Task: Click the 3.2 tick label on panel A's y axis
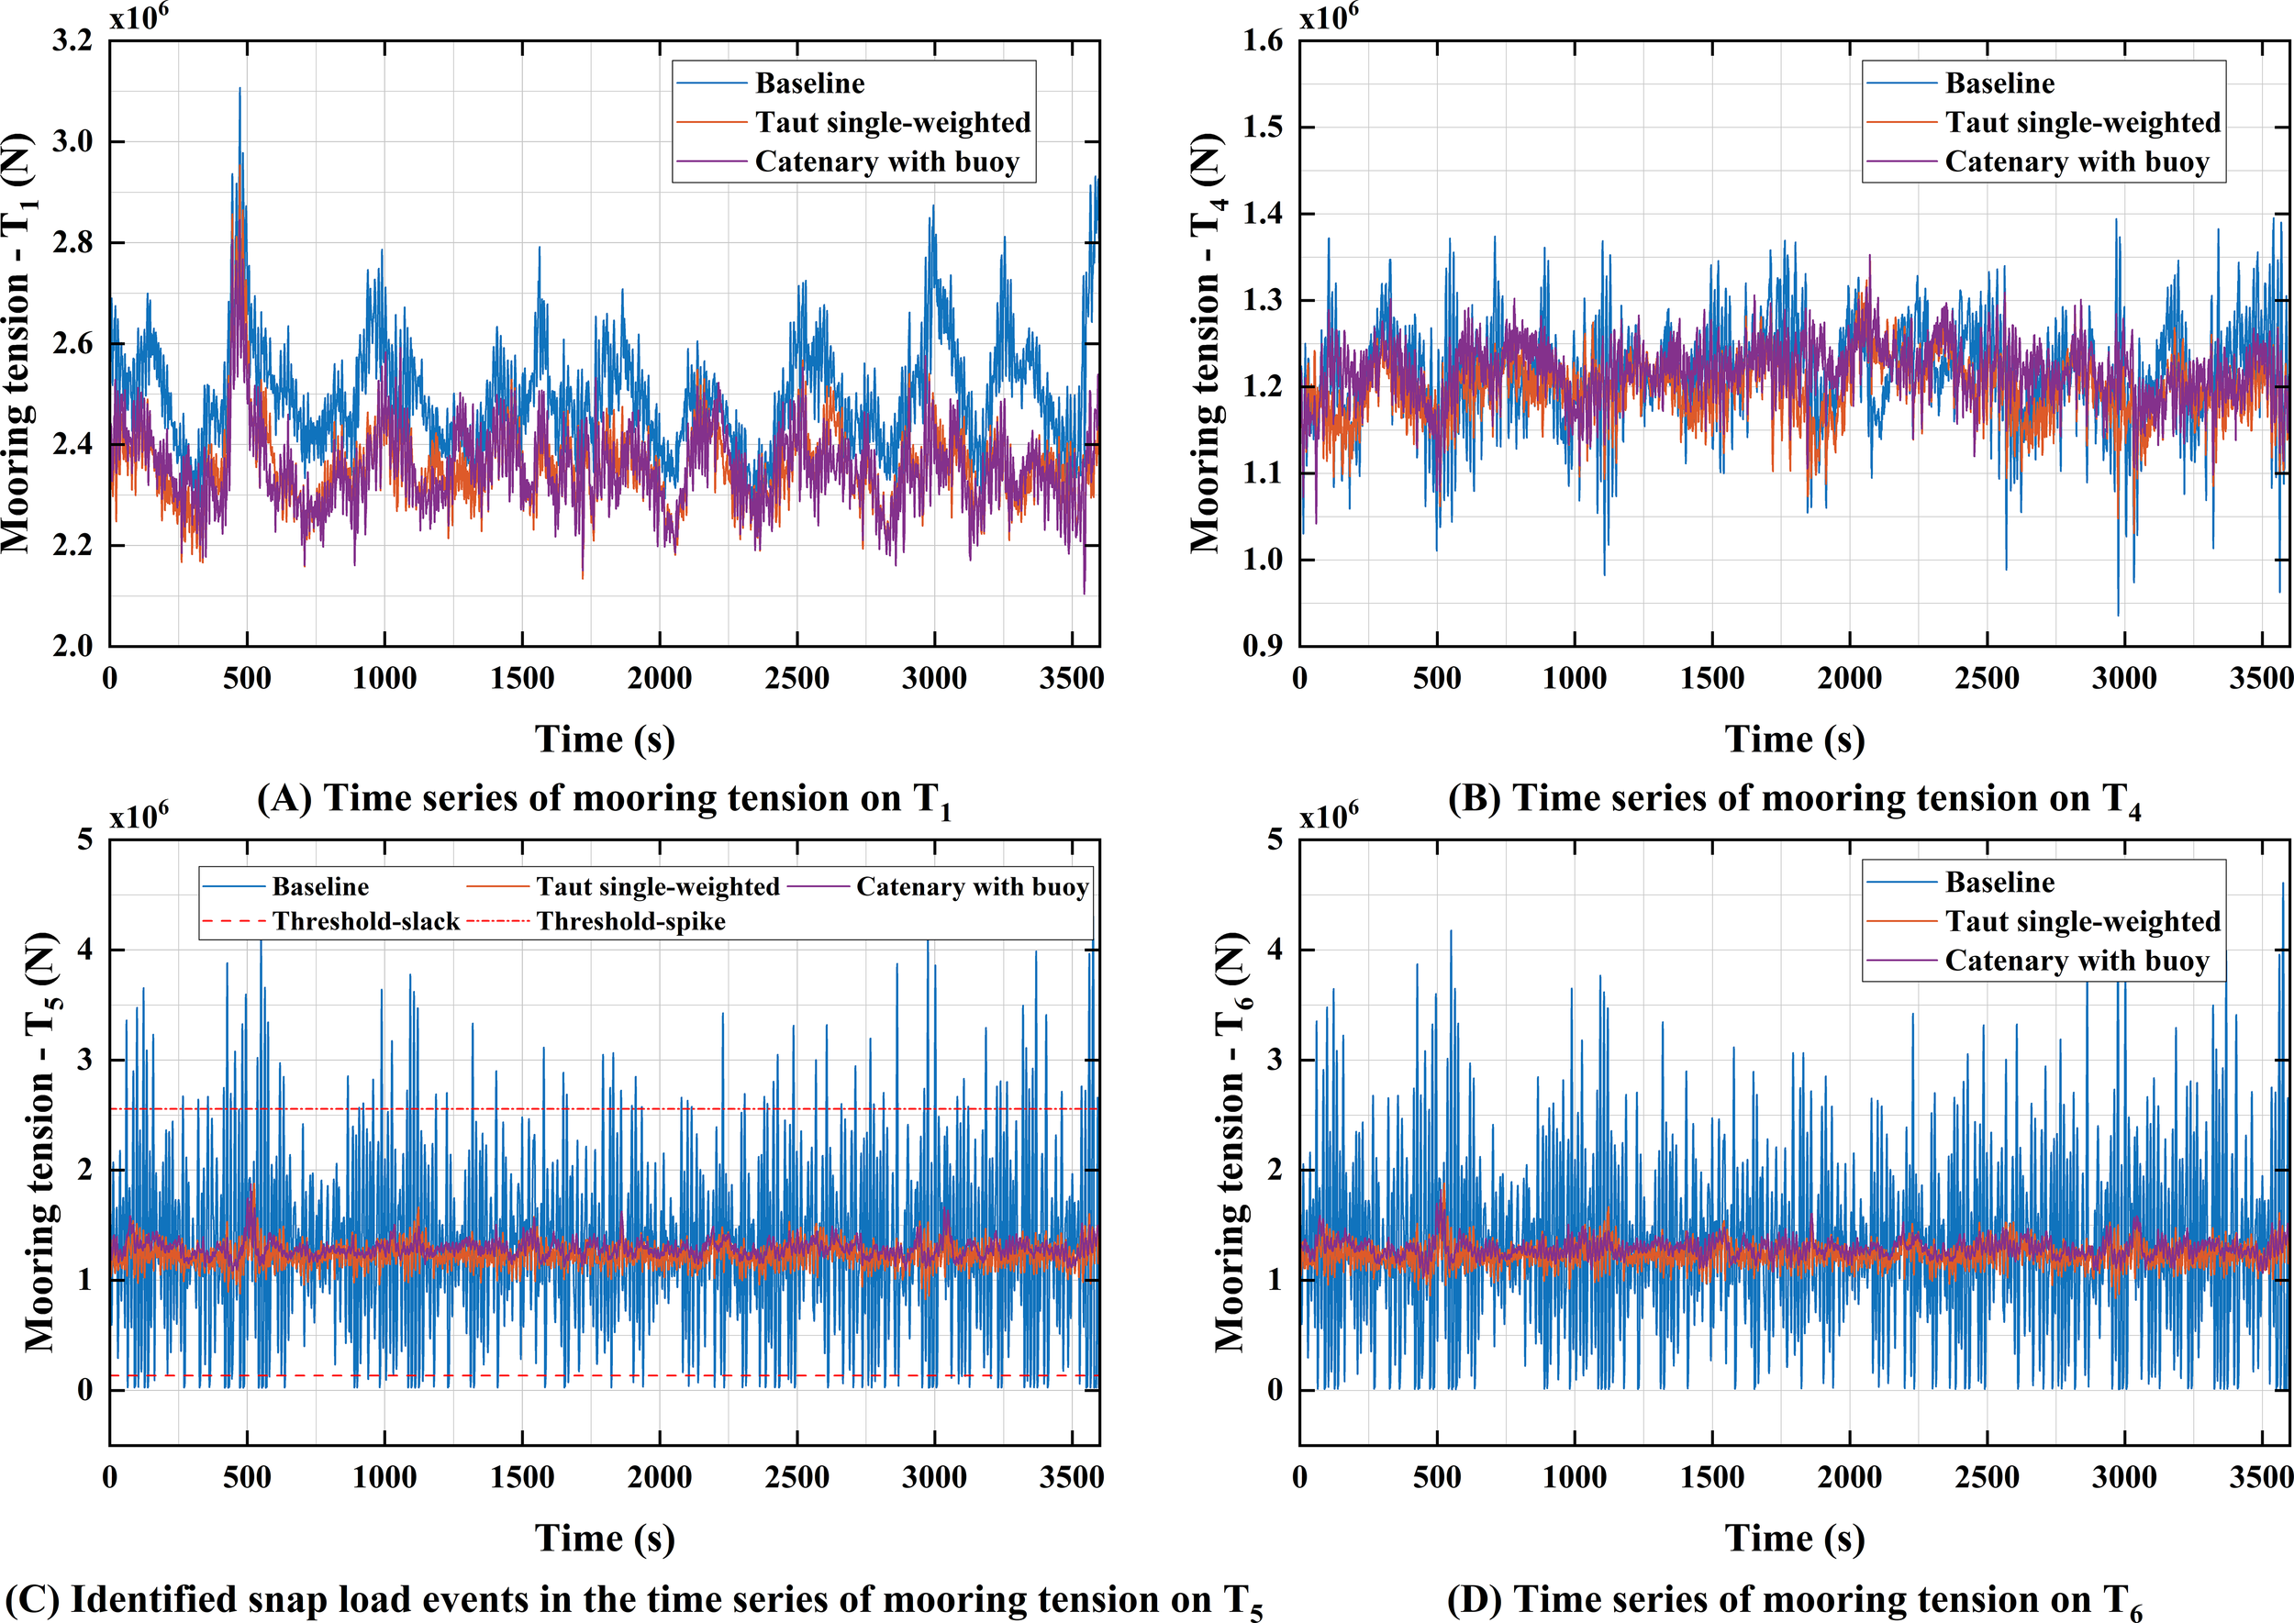click(72, 41)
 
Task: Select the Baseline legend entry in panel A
click(808, 83)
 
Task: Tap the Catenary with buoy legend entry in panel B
click(2075, 161)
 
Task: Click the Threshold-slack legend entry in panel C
click(365, 921)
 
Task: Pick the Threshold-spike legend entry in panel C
click(630, 921)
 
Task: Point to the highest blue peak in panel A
click(239, 90)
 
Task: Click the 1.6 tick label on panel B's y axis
click(1263, 41)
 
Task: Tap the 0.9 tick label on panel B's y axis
click(1263, 647)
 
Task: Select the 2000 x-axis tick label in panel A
click(659, 679)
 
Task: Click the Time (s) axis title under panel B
click(1794, 739)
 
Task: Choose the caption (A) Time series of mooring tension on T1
click(604, 799)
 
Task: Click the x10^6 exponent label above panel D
click(1329, 817)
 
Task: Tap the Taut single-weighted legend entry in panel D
click(2081, 921)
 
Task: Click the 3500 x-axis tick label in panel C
click(1071, 1477)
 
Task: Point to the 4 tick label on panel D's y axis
click(1274, 950)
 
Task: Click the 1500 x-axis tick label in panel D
click(1711, 1477)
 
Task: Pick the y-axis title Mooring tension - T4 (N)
click(1208, 342)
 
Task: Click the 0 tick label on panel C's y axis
click(85, 1390)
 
